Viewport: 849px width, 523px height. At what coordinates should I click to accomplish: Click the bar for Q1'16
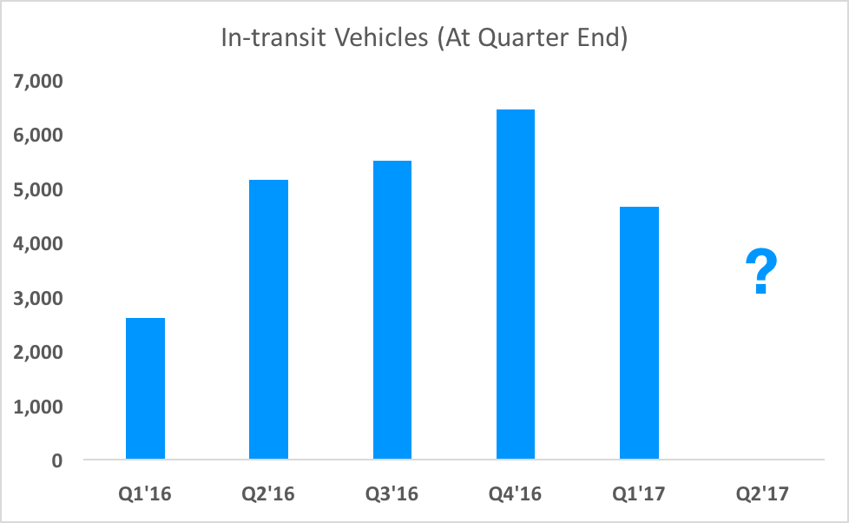(x=145, y=388)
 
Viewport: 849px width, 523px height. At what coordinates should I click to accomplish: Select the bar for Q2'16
(x=268, y=319)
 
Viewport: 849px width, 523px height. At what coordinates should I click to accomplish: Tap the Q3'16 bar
(x=392, y=309)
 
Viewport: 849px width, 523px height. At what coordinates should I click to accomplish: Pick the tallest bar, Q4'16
(x=516, y=284)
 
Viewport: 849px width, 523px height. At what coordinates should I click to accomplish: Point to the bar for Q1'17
(x=639, y=333)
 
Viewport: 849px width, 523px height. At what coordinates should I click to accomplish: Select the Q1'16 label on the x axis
(x=146, y=494)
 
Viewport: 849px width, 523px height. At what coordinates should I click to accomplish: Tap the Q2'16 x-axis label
(x=269, y=494)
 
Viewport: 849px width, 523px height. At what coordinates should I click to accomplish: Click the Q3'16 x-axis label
(x=392, y=494)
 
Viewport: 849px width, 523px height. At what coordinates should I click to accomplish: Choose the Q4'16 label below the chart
(x=516, y=494)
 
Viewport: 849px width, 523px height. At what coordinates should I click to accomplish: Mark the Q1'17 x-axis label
(x=639, y=494)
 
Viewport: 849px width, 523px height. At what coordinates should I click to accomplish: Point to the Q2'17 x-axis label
(x=762, y=494)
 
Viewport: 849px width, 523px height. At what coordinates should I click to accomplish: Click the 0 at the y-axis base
(x=56, y=461)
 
